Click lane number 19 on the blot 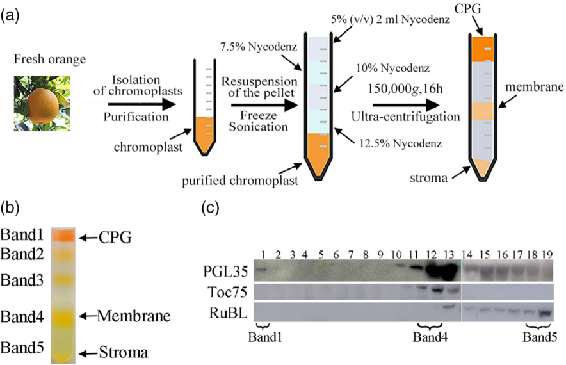(546, 254)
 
